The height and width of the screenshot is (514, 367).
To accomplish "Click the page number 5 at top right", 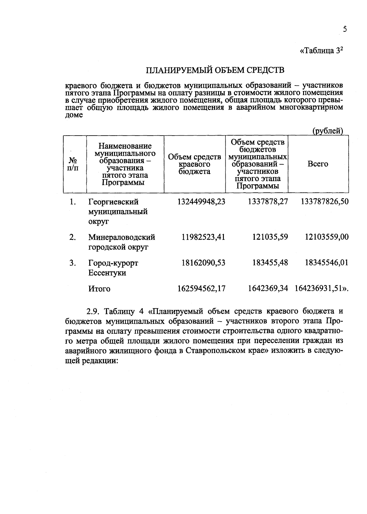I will click(345, 30).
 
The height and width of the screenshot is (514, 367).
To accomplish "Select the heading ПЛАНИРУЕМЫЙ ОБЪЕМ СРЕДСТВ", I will click(215, 71).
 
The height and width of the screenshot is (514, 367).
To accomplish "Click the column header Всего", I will click(318, 164).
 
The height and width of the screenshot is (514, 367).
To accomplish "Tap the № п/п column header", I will click(72, 164).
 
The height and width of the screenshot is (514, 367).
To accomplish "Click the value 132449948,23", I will click(201, 202).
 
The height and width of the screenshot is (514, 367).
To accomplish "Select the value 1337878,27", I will click(268, 202).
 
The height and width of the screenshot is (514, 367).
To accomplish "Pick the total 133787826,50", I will click(325, 202).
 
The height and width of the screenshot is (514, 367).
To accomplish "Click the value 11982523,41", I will click(203, 237).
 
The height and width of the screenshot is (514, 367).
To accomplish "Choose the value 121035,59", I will click(270, 237).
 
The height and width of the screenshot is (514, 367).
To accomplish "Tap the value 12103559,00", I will click(327, 237).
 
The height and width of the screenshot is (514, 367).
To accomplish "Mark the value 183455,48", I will click(270, 263).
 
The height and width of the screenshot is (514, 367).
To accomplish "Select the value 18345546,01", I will click(327, 263).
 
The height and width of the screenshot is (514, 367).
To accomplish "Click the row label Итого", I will click(99, 289).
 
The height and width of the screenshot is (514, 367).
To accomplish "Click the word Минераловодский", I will click(122, 237).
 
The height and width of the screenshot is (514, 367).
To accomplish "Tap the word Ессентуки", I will click(107, 273).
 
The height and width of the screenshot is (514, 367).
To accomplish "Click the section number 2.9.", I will click(93, 312).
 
